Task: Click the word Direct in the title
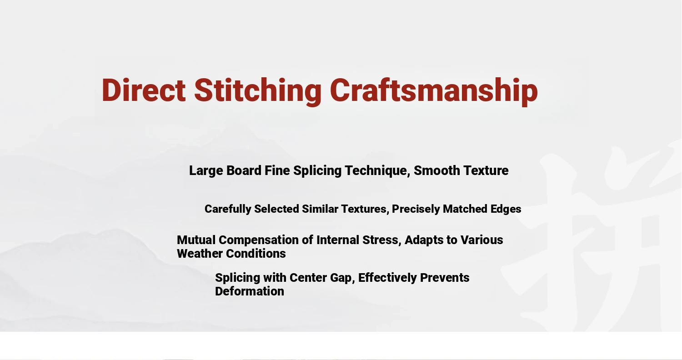(143, 90)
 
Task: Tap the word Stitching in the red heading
(258, 92)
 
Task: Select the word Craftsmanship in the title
(434, 91)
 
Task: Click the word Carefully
(228, 210)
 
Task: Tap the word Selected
(277, 209)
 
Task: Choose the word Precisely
(416, 210)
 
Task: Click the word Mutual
(196, 240)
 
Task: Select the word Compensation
(259, 240)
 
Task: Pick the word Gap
(342, 278)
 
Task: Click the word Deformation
(250, 291)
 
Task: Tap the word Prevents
(445, 278)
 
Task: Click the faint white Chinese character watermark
(594, 240)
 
